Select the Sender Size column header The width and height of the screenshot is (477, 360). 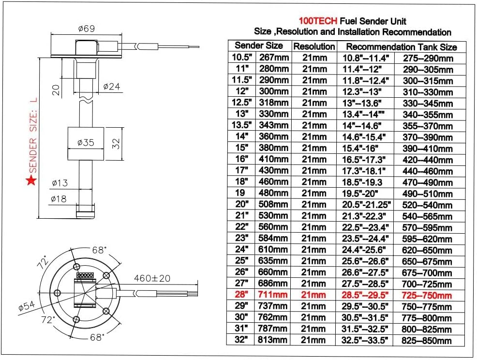259,46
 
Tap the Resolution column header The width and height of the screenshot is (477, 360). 314,46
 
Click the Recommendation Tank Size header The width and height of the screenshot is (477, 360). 401,47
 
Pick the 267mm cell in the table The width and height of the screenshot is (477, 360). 274,58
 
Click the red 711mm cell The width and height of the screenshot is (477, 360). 274,295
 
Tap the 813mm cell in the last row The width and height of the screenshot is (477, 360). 274,340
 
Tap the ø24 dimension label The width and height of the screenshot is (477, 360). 112,87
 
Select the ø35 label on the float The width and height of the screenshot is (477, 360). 86,143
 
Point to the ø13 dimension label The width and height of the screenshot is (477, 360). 60,182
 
